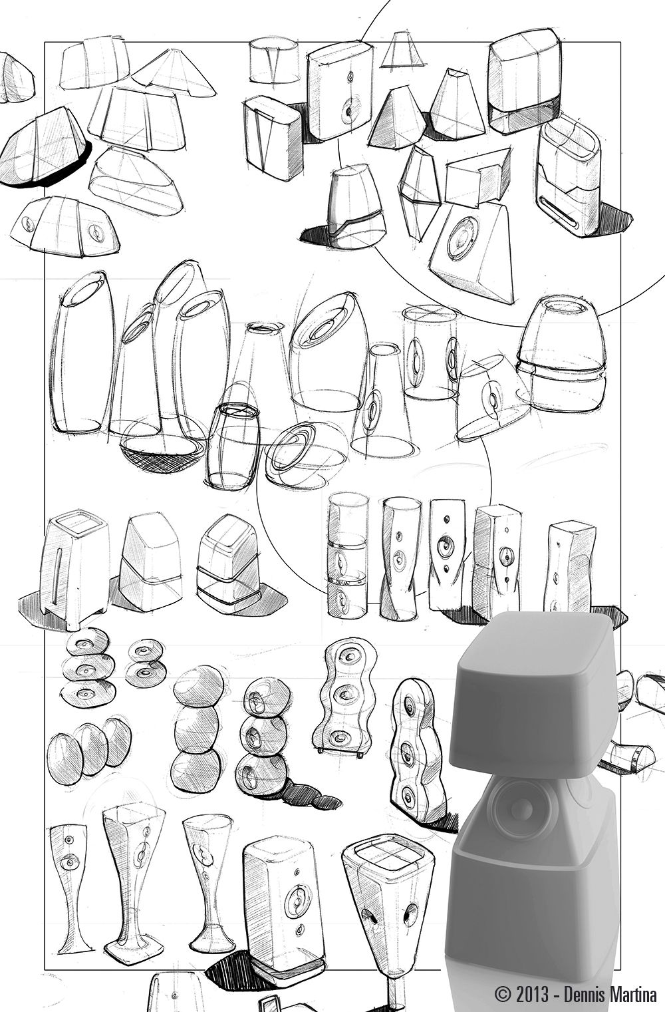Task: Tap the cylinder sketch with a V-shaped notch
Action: (x=274, y=61)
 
